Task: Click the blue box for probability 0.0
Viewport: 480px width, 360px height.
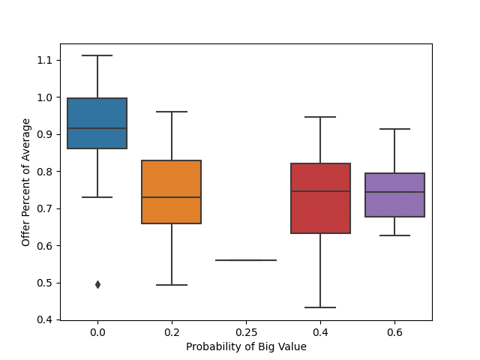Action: click(97, 112)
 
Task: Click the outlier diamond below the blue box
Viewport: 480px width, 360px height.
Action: click(97, 284)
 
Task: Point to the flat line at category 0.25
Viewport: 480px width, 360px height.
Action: click(246, 260)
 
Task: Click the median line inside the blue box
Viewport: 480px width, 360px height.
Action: click(97, 128)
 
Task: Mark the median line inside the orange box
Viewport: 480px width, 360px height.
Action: click(172, 197)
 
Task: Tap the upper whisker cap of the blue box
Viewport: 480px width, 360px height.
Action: click(97, 55)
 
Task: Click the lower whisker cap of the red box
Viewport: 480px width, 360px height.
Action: click(320, 307)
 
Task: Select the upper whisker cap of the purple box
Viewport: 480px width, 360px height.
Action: click(394, 129)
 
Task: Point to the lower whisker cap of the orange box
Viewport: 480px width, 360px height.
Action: click(172, 285)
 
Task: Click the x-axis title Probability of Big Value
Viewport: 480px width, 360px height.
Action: click(246, 346)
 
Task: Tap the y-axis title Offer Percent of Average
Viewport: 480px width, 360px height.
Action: click(26, 182)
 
